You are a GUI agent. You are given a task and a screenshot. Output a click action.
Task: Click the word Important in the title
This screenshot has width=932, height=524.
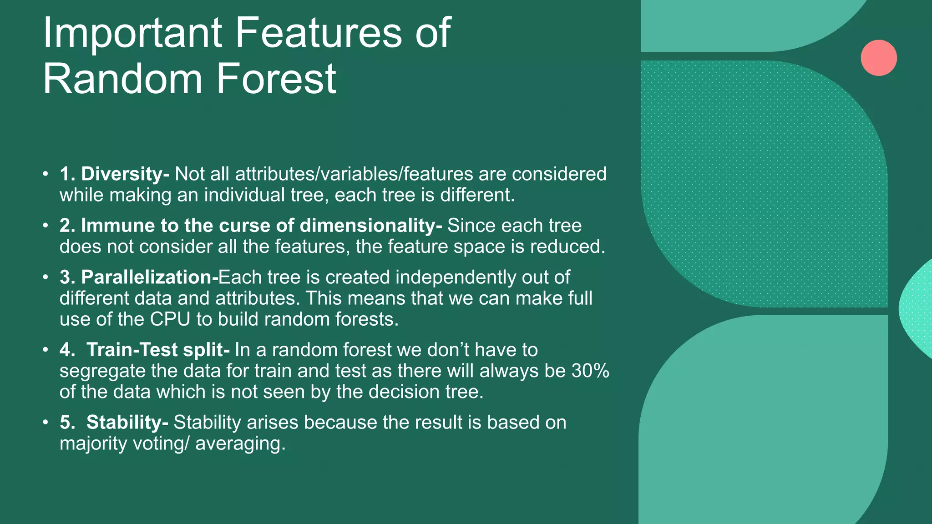click(132, 33)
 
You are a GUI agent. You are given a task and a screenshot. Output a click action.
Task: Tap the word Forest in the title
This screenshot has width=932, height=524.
click(276, 79)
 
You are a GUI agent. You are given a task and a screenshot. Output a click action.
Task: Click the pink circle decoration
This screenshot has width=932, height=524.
click(878, 58)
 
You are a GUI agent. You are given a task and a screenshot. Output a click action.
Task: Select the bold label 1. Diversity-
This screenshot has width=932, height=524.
click(114, 174)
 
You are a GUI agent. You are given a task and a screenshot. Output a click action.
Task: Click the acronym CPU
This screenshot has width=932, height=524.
click(170, 319)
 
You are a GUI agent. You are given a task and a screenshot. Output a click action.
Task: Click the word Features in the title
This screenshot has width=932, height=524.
click(319, 33)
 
